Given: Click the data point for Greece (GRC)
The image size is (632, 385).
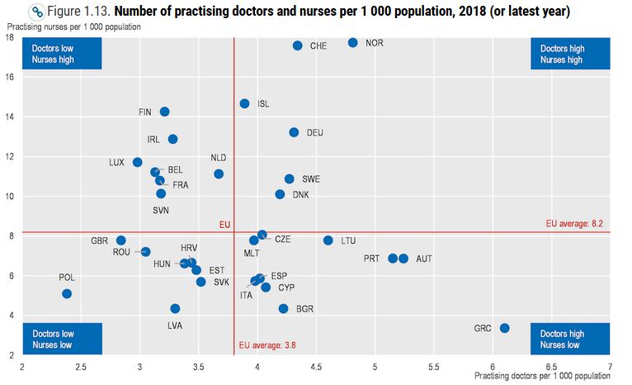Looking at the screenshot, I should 505,328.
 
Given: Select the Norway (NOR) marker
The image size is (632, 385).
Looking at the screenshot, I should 352,42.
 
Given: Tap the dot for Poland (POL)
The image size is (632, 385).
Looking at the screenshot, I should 67,293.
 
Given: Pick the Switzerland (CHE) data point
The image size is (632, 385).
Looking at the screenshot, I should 297,45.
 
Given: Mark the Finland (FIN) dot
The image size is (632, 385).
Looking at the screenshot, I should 164,112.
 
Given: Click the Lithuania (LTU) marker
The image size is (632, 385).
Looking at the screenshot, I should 328,240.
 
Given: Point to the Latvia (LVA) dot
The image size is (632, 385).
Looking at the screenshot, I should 175,308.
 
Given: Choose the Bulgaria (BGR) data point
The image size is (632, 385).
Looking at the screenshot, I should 283,308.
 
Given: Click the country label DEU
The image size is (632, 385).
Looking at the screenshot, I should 315,132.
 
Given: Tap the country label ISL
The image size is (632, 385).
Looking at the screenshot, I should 263,104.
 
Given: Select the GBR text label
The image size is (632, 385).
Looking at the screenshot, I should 100,240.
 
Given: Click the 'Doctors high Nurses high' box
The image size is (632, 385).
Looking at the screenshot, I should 561,55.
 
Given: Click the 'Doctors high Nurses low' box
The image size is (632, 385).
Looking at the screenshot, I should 561,339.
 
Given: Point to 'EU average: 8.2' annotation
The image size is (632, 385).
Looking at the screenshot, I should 577,223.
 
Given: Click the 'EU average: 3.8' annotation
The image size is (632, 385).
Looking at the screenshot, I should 266,345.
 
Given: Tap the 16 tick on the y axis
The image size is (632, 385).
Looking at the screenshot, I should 11,77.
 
